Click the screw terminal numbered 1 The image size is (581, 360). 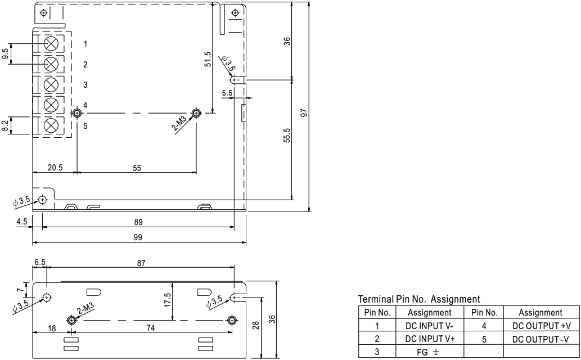(51, 44)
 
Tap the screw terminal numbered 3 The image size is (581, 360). (51, 85)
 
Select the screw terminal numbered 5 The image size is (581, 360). (51, 126)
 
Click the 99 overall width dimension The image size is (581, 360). (138, 237)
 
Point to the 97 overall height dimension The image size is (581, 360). (304, 112)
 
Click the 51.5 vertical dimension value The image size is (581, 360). (208, 59)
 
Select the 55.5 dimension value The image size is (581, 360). (287, 136)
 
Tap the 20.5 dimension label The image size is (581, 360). (55, 168)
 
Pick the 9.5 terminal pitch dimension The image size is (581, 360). (5, 54)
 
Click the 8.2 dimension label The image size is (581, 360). (5, 125)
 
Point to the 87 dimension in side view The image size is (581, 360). (141, 263)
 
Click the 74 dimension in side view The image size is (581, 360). (150, 328)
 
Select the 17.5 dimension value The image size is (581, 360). (168, 300)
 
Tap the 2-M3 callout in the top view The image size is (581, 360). (179, 123)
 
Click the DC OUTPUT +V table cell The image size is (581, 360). (542, 326)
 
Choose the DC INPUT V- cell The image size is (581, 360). (430, 326)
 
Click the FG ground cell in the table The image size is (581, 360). (430, 352)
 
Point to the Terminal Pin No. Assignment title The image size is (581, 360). (418, 299)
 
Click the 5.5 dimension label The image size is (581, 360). (227, 93)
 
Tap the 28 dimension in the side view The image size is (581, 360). (256, 326)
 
